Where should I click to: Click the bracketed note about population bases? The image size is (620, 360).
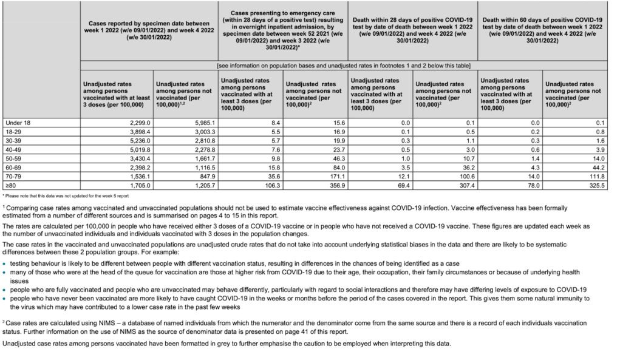click(344, 65)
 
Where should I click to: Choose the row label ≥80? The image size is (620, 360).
click(9, 185)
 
